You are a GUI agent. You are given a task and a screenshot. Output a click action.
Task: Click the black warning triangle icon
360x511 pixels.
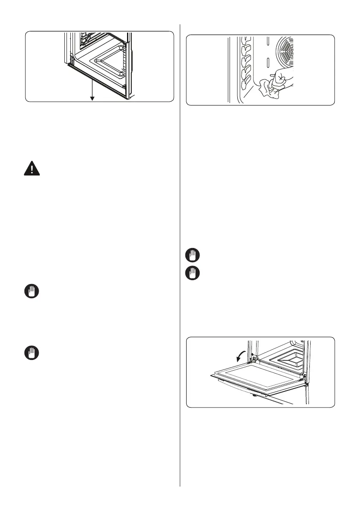[31, 169]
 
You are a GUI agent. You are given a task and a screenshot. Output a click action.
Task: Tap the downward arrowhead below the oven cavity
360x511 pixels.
[92, 98]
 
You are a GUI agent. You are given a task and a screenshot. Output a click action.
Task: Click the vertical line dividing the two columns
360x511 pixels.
[180, 257]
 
